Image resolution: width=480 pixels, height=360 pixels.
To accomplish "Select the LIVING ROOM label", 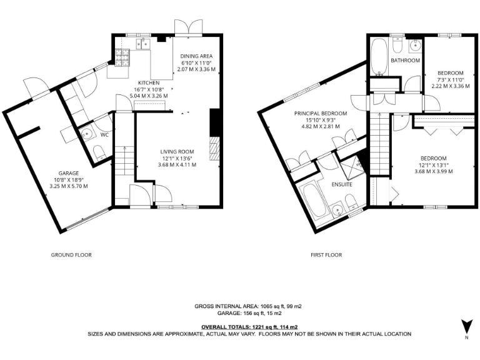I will tap(177, 151).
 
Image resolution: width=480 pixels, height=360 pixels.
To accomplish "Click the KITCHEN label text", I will tap(148, 83).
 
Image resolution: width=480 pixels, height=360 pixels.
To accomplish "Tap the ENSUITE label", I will tap(341, 185).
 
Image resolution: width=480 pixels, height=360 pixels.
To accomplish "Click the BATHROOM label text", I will tap(405, 61).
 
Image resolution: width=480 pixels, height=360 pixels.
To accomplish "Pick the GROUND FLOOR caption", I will tap(71, 255).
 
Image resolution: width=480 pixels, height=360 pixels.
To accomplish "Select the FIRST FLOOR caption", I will tap(326, 255).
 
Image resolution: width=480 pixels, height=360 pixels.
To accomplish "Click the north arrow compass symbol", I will tap(464, 327).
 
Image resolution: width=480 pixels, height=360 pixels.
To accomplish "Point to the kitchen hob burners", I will tap(121, 57).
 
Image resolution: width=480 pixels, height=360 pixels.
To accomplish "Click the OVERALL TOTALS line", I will tap(249, 327).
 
